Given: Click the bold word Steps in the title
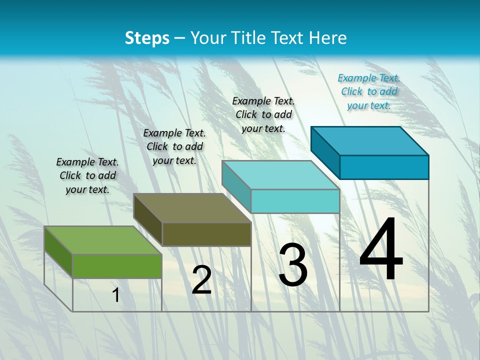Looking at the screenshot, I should click(147, 38).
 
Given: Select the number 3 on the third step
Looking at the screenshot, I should click(293, 265).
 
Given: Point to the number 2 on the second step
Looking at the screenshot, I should click(202, 280).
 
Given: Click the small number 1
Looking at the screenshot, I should click(115, 295).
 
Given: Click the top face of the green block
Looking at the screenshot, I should click(103, 240).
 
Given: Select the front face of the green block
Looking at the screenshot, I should click(117, 266).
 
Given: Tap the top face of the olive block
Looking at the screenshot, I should click(192, 207).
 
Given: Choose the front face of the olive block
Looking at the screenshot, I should click(206, 234).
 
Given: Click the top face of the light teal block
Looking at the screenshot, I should click(280, 174).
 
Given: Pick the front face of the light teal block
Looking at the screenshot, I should click(295, 201).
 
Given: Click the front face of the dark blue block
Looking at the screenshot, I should click(384, 167).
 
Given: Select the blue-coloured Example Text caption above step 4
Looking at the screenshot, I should click(369, 91).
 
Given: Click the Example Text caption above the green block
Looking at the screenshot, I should click(87, 175).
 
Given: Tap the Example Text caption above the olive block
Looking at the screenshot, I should click(174, 146).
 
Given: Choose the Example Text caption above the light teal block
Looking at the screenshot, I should click(263, 114).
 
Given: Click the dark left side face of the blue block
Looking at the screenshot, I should click(325, 152).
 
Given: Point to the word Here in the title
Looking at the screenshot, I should click(328, 38).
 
